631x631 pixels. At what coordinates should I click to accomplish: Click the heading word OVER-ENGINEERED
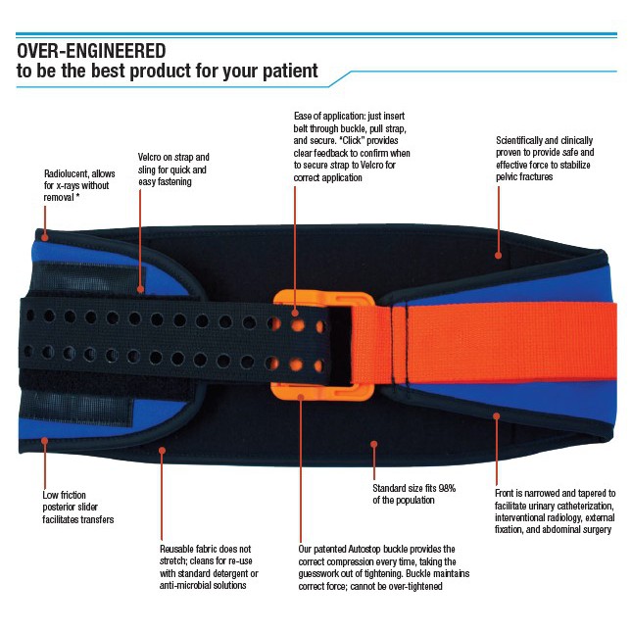point(90,50)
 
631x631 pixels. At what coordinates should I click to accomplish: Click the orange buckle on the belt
point(300,343)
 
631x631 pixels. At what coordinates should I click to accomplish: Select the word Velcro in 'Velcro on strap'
point(152,157)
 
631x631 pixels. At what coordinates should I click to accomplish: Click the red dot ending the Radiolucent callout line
point(45,234)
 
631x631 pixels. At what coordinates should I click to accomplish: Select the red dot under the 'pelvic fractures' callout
point(498,255)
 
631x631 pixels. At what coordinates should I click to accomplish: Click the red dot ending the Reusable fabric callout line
point(163,452)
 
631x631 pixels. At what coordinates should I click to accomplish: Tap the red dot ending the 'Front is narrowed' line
point(497,416)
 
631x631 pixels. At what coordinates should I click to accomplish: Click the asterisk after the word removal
point(77,196)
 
